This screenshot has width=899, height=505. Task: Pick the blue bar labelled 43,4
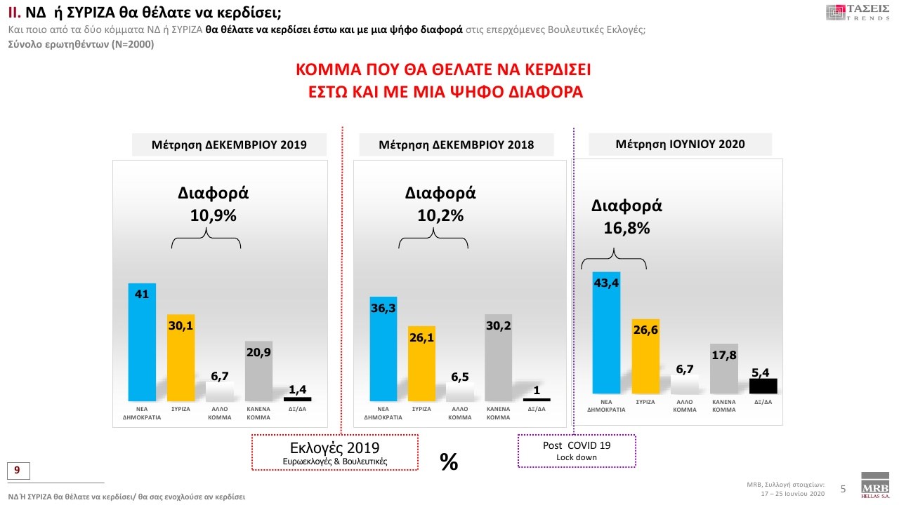pos(606,333)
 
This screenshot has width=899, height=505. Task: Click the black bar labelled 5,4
pos(763,386)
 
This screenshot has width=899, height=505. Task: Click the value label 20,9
pos(258,353)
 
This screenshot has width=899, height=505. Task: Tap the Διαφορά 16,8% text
pos(626,217)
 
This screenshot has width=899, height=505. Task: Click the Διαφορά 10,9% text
pos(213,204)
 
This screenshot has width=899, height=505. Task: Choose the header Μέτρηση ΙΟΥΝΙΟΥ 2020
pos(680,144)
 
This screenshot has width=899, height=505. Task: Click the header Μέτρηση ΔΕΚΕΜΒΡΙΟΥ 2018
pos(456,145)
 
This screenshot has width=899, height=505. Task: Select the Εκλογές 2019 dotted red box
pos(334,452)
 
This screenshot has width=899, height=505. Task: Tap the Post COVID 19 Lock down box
pos(576,450)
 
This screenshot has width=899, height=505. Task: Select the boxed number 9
pos(18,469)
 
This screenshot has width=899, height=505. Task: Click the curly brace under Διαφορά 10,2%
pos(433,242)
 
